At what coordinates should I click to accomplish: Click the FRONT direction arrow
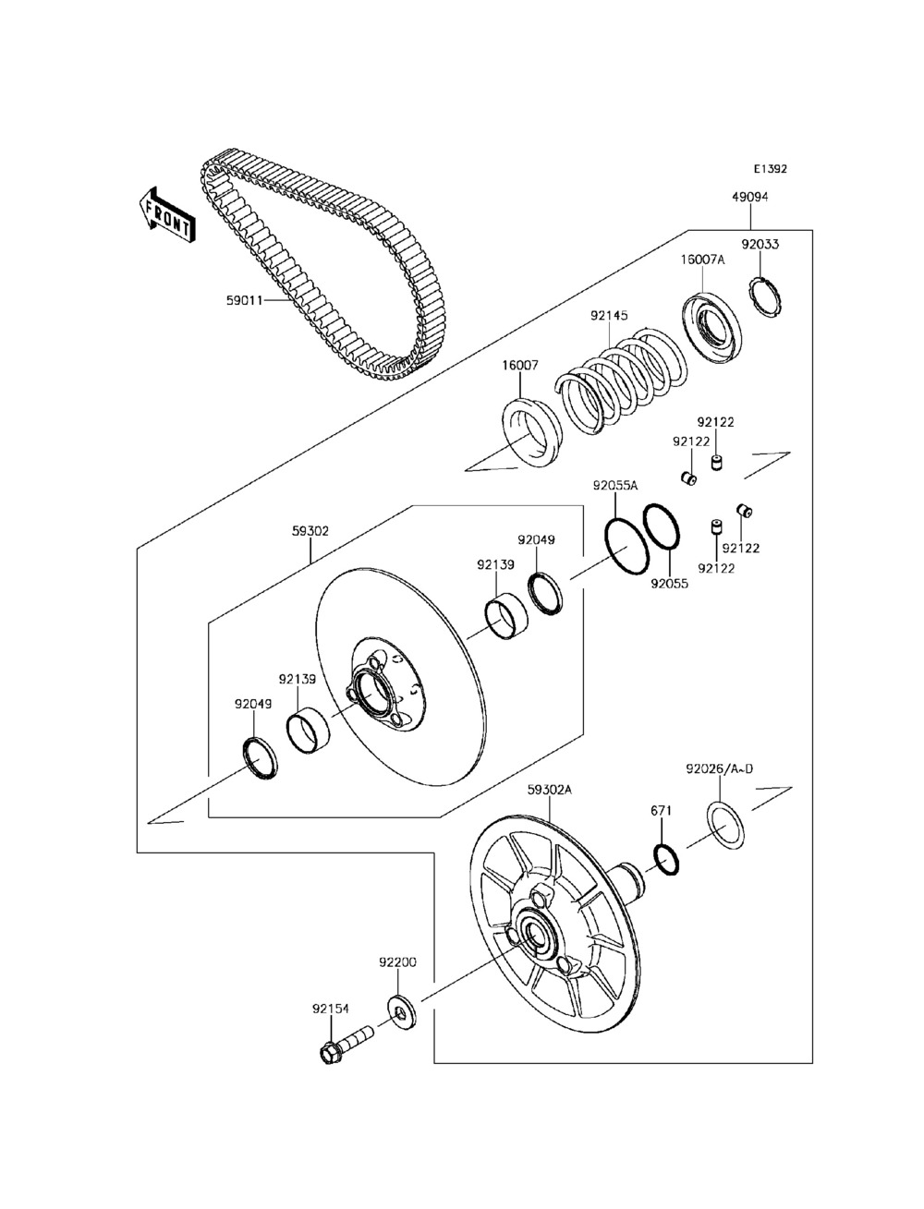click(166, 214)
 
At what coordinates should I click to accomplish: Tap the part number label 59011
click(245, 300)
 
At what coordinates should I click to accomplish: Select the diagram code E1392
click(770, 170)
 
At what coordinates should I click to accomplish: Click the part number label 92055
click(669, 584)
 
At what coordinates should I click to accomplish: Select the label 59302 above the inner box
click(310, 531)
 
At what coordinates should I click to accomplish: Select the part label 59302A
click(550, 790)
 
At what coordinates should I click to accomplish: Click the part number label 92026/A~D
click(719, 768)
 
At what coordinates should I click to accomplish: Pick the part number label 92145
click(609, 315)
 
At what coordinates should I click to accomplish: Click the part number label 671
click(661, 810)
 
